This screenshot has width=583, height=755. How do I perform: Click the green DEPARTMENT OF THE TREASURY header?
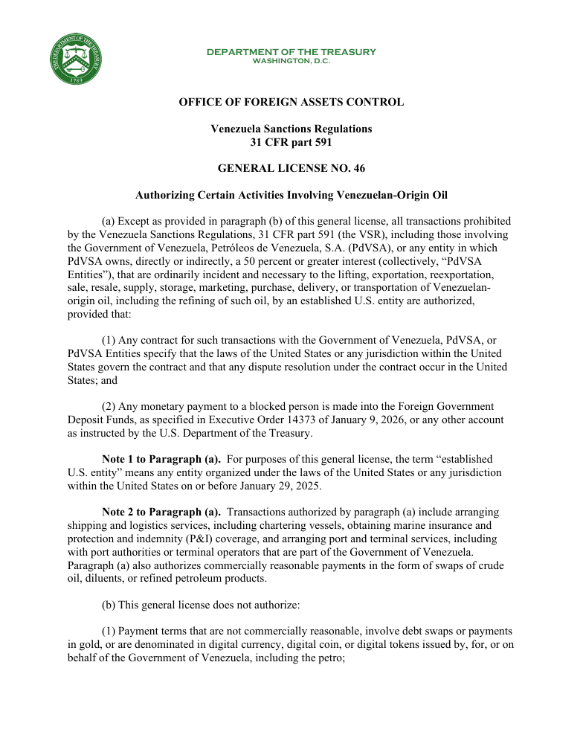(x=291, y=52)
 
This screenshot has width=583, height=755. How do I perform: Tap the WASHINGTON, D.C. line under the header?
(x=291, y=61)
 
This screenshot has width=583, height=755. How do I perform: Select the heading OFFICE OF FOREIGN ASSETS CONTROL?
(x=291, y=102)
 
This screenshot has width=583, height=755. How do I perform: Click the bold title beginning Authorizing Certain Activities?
(x=291, y=196)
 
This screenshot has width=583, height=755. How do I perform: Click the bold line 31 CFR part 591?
(x=291, y=142)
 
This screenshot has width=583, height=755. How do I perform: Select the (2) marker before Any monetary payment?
(x=109, y=407)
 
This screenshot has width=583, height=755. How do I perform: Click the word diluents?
(x=100, y=579)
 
